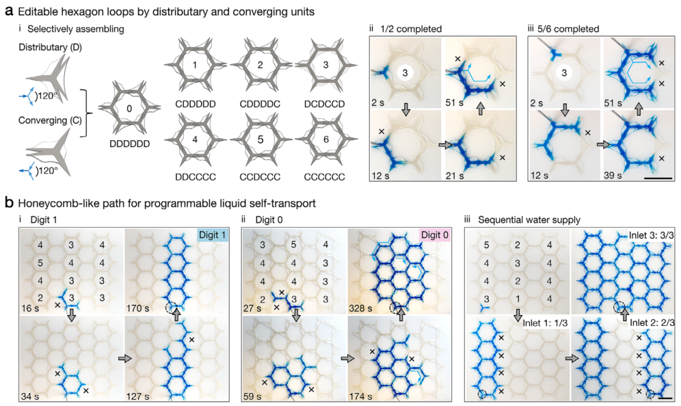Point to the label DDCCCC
tap(198, 174)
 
